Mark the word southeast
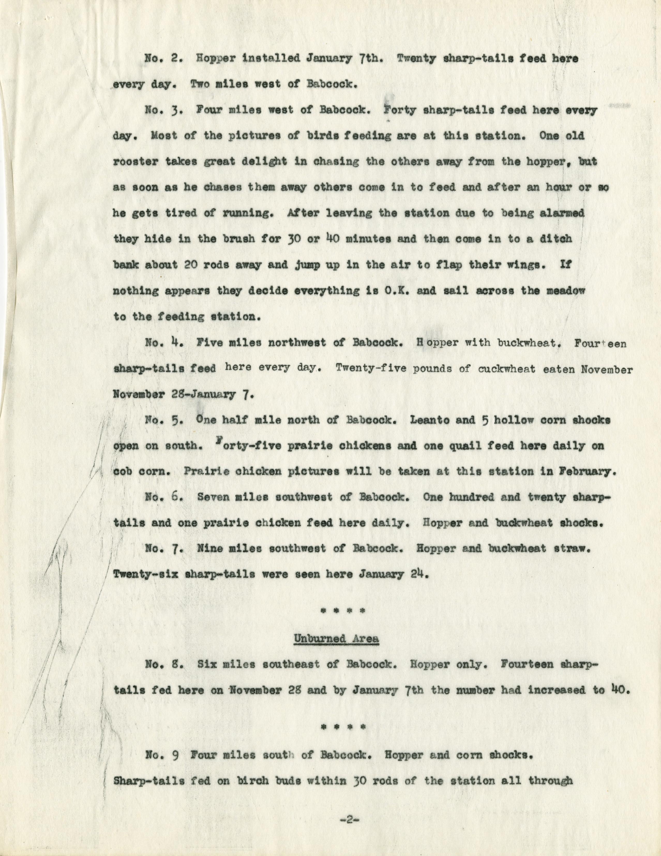(x=292, y=664)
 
